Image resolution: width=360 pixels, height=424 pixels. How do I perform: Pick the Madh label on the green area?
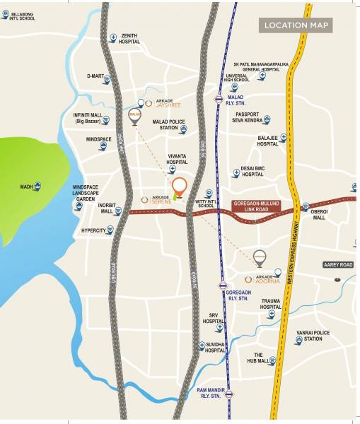[x=26, y=187]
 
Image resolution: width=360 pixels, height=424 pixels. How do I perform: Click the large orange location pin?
[x=180, y=187]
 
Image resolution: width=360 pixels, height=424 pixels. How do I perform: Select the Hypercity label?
[x=93, y=230]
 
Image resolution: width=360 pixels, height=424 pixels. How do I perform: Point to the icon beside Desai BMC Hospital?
[x=236, y=172]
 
